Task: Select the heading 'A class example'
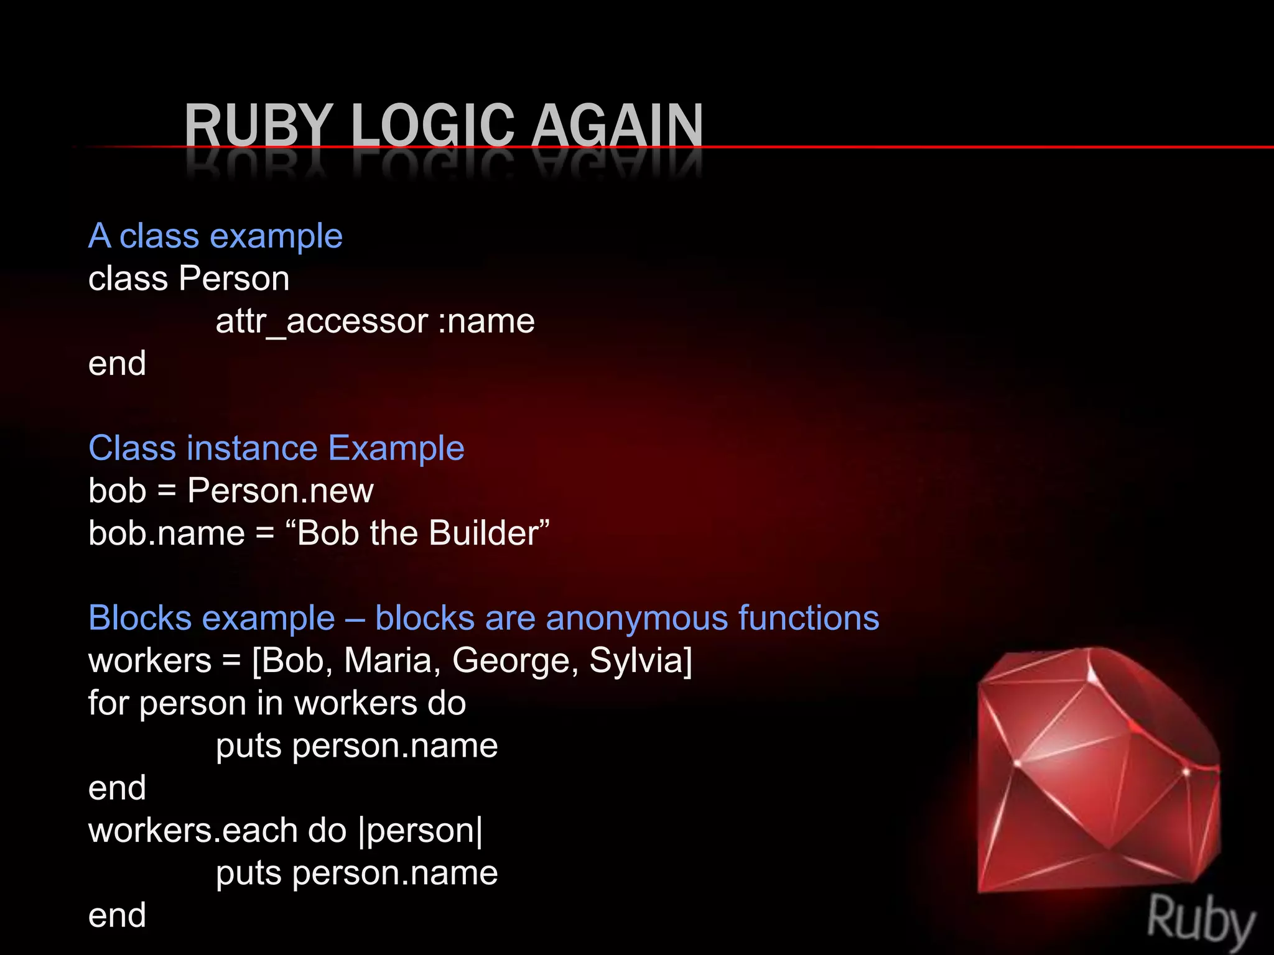point(215,236)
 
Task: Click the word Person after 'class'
point(234,279)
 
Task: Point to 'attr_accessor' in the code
point(322,321)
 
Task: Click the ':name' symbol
point(486,321)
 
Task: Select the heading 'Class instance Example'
point(276,448)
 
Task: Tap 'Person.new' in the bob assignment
point(280,491)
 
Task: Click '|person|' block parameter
point(421,831)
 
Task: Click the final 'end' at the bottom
point(117,916)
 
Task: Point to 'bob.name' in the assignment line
point(167,533)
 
